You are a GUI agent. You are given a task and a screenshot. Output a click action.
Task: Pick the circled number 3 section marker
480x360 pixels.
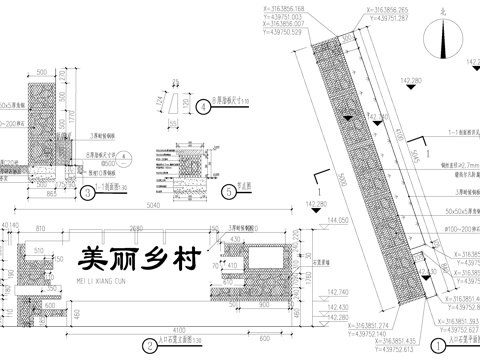tap(89, 193)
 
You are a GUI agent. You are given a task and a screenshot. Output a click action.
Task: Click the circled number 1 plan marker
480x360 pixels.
tap(437, 340)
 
